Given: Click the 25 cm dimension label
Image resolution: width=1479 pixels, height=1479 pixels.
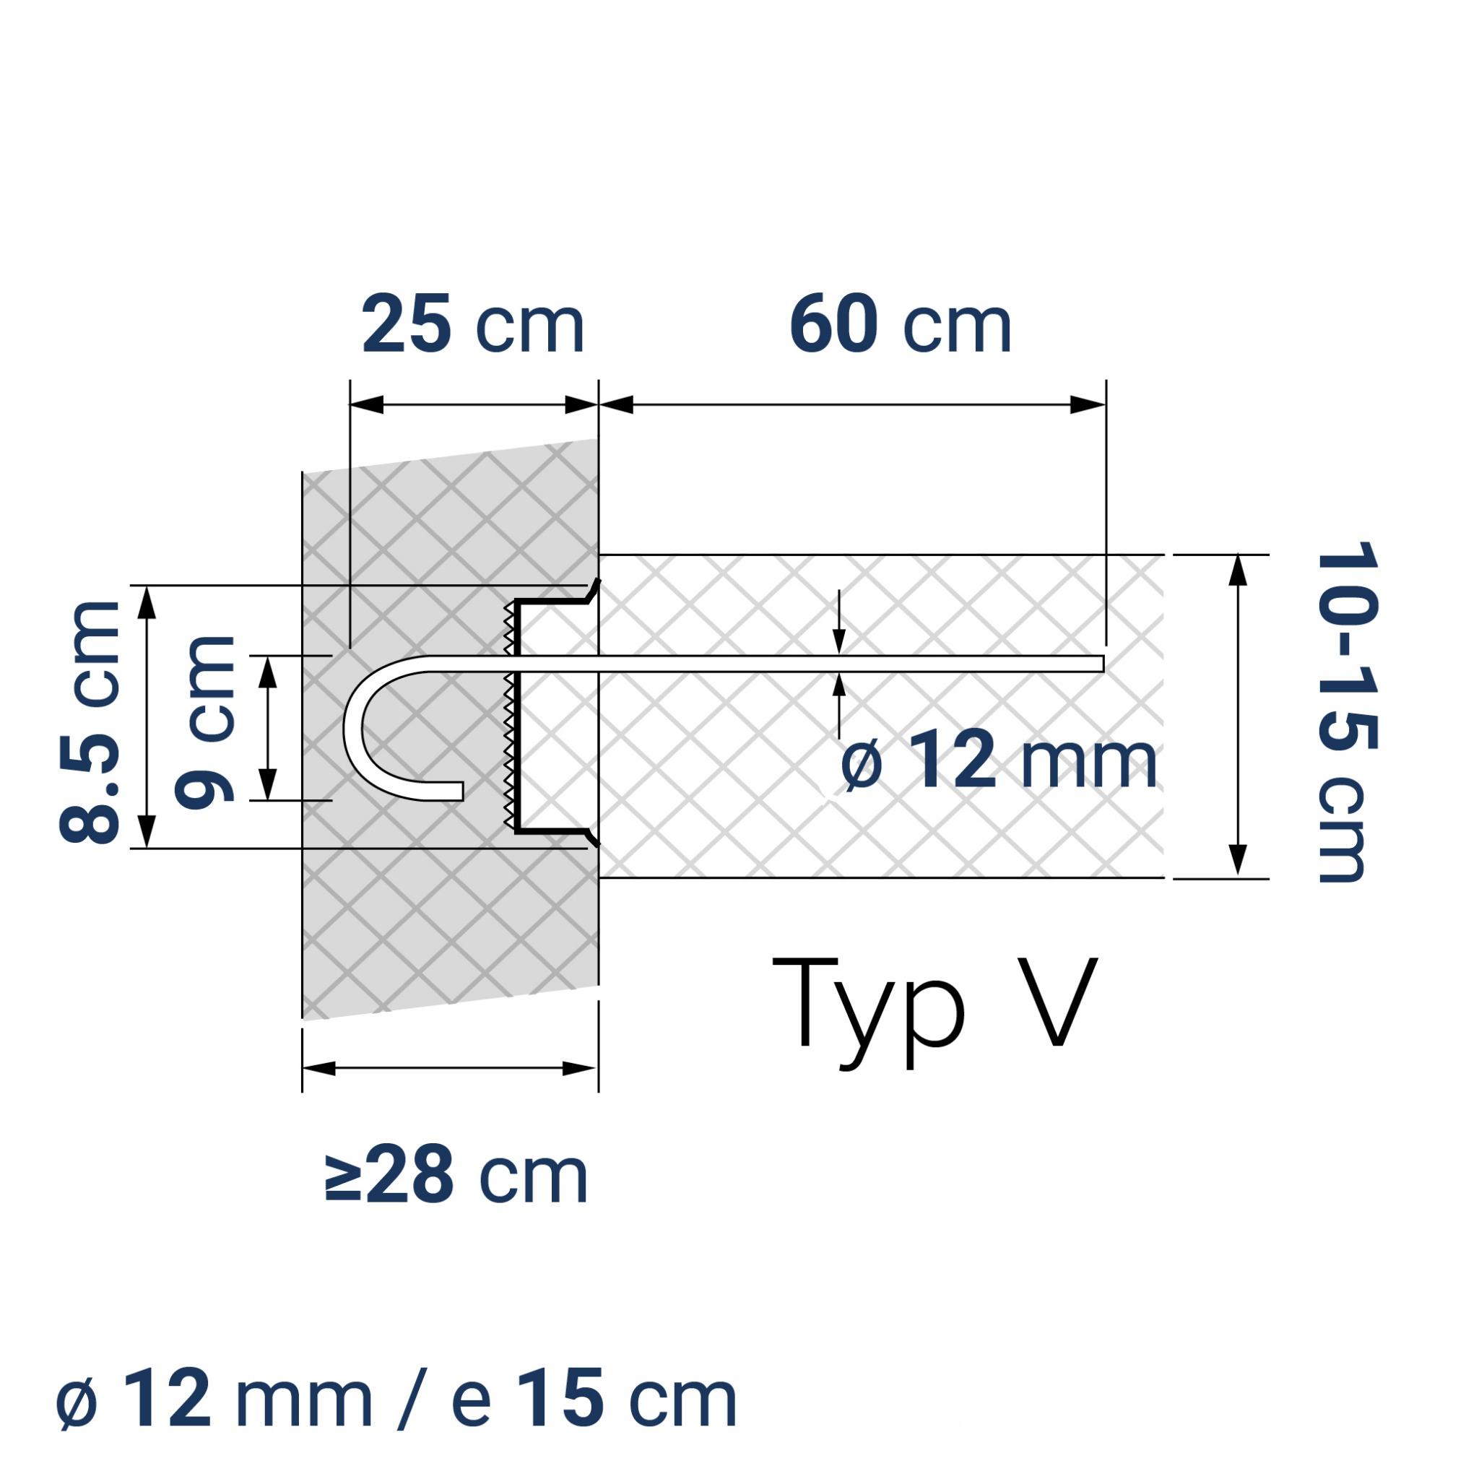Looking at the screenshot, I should click(x=472, y=327).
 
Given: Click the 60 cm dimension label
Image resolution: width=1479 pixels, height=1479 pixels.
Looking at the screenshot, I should click(x=900, y=327).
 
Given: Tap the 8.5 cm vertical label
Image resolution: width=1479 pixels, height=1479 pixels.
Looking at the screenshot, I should click(x=90, y=722).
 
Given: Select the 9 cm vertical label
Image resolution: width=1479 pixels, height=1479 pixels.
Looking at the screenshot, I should click(x=205, y=722).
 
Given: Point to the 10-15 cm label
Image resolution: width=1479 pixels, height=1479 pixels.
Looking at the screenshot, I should click(x=1347, y=712).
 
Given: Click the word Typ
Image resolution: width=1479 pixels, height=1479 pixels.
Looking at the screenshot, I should click(x=869, y=1010).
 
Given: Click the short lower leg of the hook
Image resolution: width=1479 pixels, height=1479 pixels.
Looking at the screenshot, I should click(x=436, y=791).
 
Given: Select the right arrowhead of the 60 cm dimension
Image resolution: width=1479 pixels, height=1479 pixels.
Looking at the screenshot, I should click(x=1087, y=405).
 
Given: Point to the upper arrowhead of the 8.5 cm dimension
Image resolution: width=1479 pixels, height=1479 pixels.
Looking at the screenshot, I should click(x=147, y=602).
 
